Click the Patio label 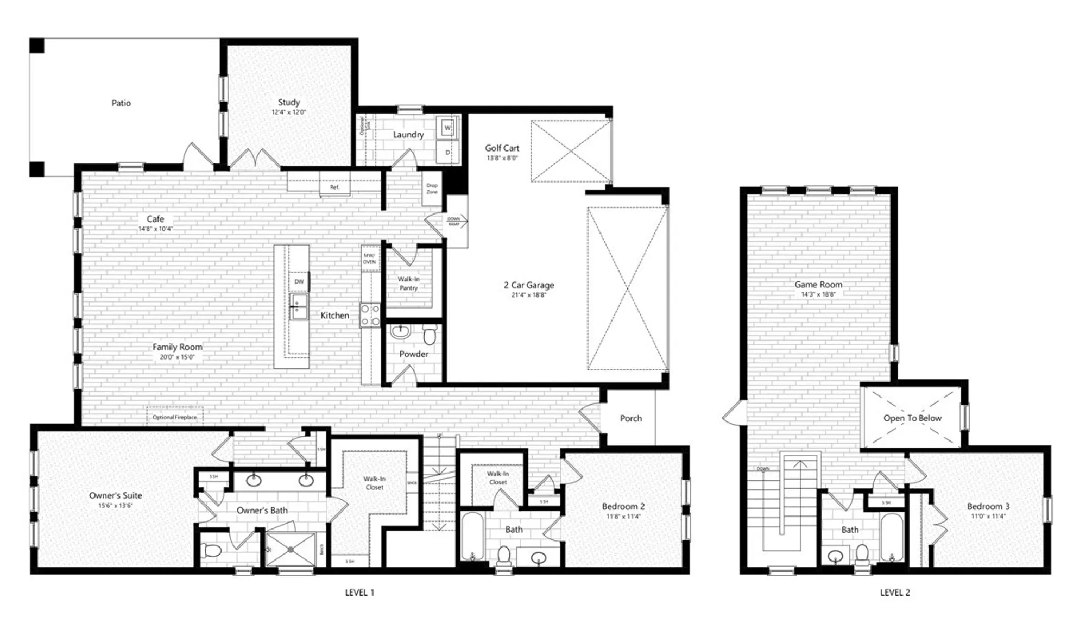point(121,103)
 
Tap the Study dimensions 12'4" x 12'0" point(289,112)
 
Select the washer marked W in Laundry point(447,128)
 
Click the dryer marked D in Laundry point(447,153)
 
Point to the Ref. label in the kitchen point(334,187)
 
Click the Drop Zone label point(432,188)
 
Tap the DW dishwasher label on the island point(299,282)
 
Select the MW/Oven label point(369,259)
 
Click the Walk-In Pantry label point(408,284)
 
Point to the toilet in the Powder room point(430,335)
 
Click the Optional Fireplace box point(174,417)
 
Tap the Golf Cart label point(502,148)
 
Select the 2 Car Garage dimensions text point(528,295)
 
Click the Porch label point(630,419)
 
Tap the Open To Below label point(912,418)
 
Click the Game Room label point(818,285)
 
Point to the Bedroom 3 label point(988,506)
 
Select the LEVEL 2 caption point(895,593)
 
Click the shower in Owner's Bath point(291,549)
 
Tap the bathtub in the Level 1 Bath point(472,536)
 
